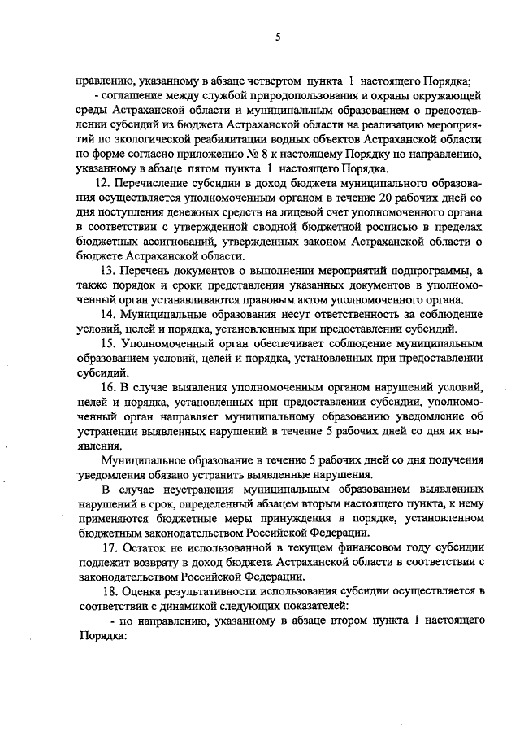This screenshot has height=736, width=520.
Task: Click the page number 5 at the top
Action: point(277,36)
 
